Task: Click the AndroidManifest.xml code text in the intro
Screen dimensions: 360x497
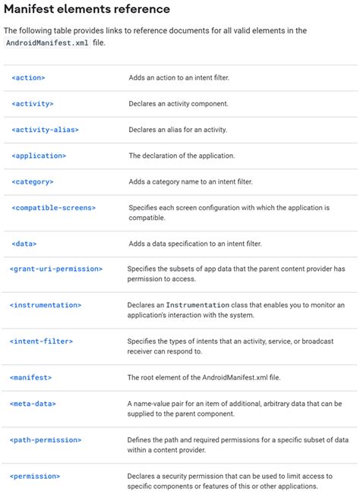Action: (x=46, y=44)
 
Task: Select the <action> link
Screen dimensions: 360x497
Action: (x=29, y=77)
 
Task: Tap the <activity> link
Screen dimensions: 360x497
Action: (x=33, y=103)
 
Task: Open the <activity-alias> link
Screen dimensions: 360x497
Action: (x=46, y=130)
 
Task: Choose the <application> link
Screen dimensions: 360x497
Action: (x=39, y=156)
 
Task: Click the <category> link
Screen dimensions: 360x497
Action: (x=33, y=181)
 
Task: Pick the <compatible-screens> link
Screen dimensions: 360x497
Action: (x=54, y=207)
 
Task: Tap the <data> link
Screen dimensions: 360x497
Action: (x=24, y=244)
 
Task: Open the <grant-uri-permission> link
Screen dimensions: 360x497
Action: (x=56, y=269)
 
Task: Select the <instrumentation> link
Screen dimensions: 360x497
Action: (x=46, y=305)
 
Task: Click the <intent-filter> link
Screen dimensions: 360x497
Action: (x=41, y=341)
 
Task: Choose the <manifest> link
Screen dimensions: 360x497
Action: (x=31, y=377)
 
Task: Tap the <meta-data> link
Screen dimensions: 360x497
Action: (x=33, y=404)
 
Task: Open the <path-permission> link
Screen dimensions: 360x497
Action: (x=46, y=439)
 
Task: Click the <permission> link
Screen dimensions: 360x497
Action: (x=35, y=476)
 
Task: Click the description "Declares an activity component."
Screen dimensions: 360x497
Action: (x=178, y=103)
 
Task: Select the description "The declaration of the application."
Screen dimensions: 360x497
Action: (x=182, y=156)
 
